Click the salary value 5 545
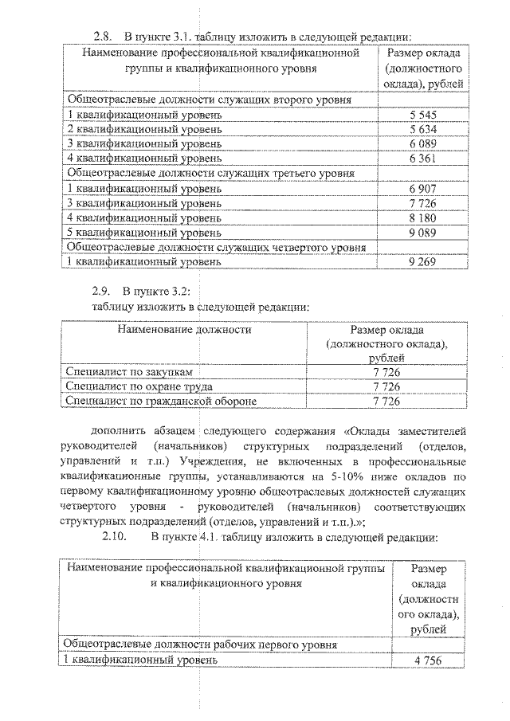point(423,116)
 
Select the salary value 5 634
point(423,130)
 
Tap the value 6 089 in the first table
point(423,144)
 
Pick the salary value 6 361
point(423,159)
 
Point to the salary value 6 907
point(423,189)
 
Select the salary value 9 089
point(423,233)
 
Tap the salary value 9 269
point(423,261)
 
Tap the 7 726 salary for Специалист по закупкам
point(386,372)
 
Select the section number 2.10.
point(115,536)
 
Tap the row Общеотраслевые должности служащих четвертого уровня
point(217,247)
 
